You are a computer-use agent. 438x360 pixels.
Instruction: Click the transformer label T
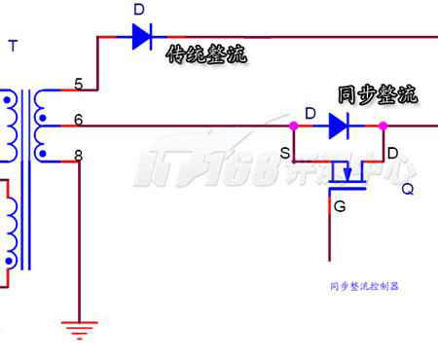pyautogui.click(x=13, y=46)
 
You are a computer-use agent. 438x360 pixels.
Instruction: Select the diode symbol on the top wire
pyautogui.click(x=142, y=37)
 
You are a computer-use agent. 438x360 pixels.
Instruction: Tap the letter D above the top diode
pyautogui.click(x=139, y=10)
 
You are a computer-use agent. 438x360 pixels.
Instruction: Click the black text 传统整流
pyautogui.click(x=206, y=54)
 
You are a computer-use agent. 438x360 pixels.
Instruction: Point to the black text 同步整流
pyautogui.click(x=378, y=94)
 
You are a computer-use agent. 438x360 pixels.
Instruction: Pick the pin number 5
pyautogui.click(x=79, y=84)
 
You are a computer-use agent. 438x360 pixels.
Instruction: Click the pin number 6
pyautogui.click(x=79, y=120)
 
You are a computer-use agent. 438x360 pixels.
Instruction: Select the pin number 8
pyautogui.click(x=79, y=156)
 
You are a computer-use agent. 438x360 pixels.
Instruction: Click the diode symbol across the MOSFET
pyautogui.click(x=339, y=126)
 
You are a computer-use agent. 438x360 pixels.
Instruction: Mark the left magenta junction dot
pyautogui.click(x=294, y=126)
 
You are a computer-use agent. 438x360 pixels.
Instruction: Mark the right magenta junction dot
pyautogui.click(x=383, y=126)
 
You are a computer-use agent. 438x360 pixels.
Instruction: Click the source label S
pyautogui.click(x=285, y=153)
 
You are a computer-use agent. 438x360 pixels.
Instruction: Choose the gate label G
pyautogui.click(x=340, y=206)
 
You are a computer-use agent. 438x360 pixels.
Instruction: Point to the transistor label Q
pyautogui.click(x=408, y=189)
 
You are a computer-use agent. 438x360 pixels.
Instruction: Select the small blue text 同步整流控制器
pyautogui.click(x=364, y=286)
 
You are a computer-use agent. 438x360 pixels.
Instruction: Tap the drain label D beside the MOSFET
pyautogui.click(x=393, y=153)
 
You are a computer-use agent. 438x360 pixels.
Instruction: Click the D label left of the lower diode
pyautogui.click(x=310, y=114)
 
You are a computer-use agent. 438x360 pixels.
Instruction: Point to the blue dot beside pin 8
pyautogui.click(x=43, y=154)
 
